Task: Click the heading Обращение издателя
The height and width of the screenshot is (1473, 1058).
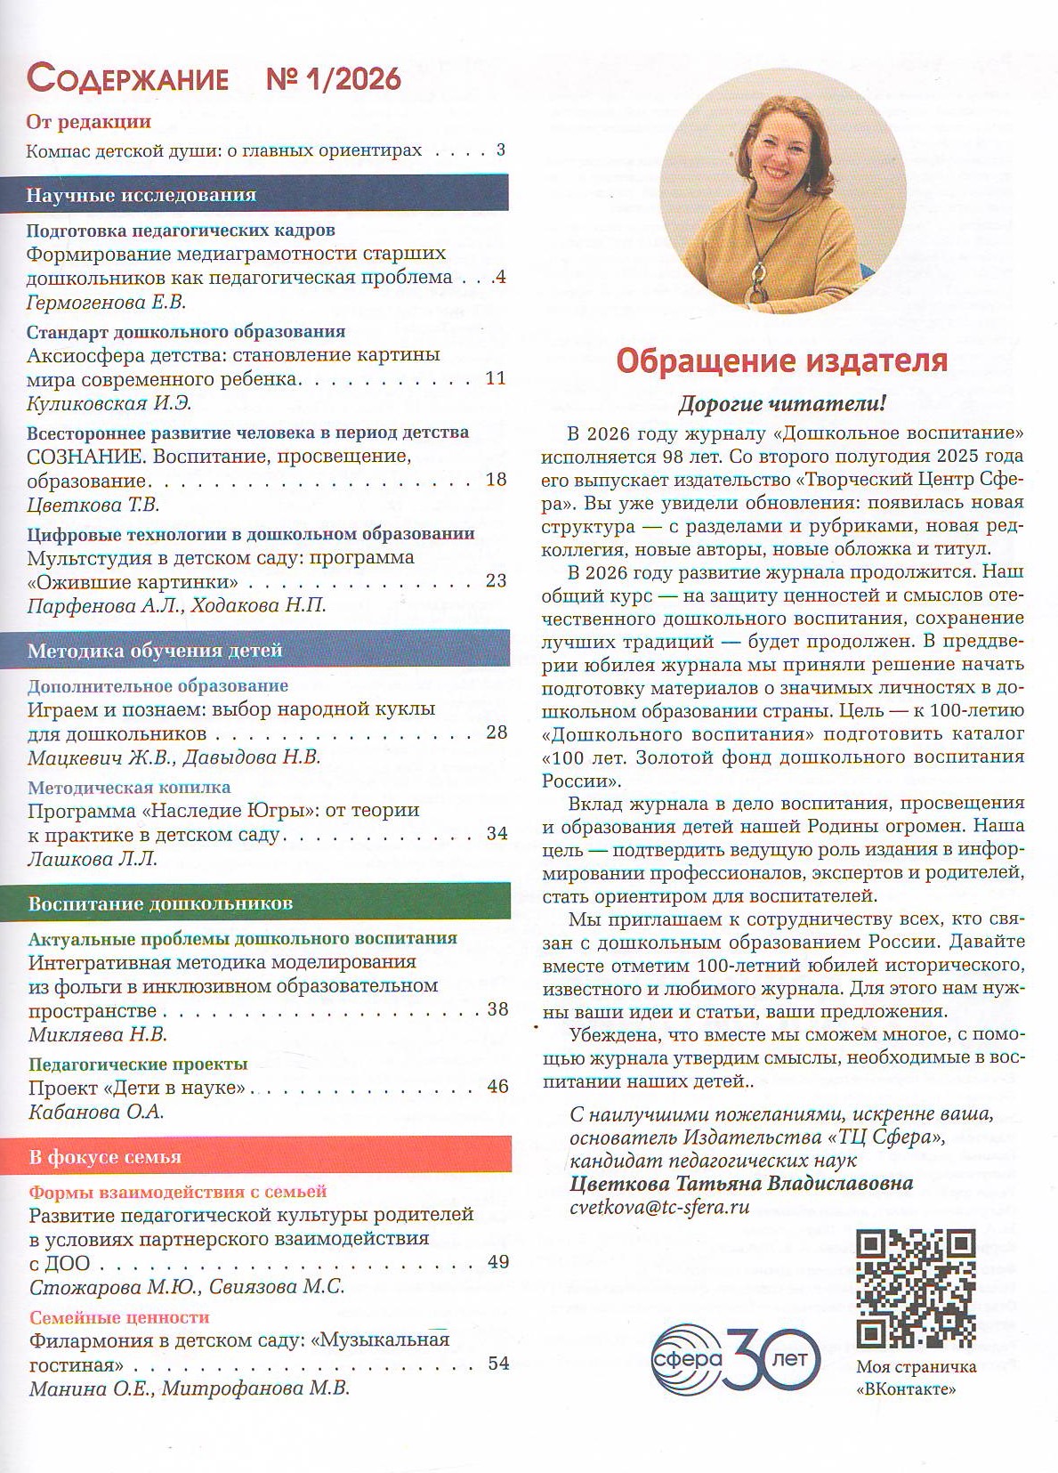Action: pyautogui.click(x=782, y=360)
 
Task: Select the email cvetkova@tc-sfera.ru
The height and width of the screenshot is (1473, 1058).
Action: pyautogui.click(x=659, y=1207)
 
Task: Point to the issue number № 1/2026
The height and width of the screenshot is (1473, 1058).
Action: pyautogui.click(x=334, y=79)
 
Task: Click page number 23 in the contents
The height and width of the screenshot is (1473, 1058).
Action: pyautogui.click(x=496, y=580)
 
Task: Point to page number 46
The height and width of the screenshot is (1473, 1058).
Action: pyautogui.click(x=497, y=1086)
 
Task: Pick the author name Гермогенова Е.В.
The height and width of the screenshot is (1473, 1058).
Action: pyautogui.click(x=106, y=302)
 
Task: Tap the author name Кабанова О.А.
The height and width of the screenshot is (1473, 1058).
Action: pyautogui.click(x=96, y=1112)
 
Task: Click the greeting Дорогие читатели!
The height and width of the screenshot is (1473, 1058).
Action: pyautogui.click(x=782, y=404)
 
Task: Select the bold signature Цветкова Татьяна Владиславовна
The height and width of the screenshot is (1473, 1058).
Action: pyautogui.click(x=741, y=1183)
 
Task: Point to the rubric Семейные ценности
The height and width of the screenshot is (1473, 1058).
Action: pyautogui.click(x=119, y=1316)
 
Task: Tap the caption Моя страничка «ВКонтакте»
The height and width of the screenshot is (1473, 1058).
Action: pyautogui.click(x=916, y=1377)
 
